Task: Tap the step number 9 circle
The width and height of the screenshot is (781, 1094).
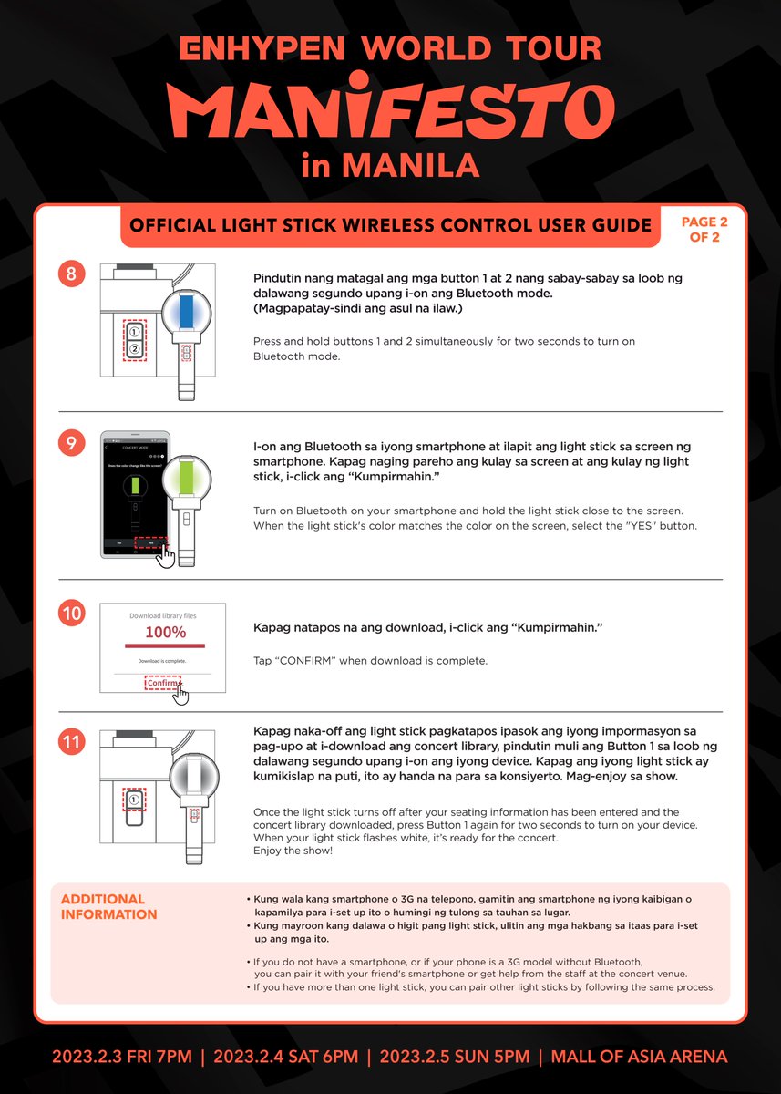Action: (x=72, y=443)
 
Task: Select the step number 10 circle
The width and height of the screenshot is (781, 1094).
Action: (x=72, y=614)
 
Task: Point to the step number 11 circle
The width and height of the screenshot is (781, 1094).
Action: (x=72, y=742)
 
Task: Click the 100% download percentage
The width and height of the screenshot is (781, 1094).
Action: (x=165, y=632)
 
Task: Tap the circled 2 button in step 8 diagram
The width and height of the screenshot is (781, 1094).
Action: (x=134, y=349)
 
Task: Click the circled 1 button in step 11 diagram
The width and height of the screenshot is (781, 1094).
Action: (x=134, y=800)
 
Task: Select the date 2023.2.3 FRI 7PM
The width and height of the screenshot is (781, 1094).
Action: (x=122, y=1058)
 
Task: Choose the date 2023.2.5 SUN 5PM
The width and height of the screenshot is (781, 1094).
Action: (x=454, y=1058)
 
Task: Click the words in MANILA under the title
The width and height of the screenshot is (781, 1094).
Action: (x=391, y=166)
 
